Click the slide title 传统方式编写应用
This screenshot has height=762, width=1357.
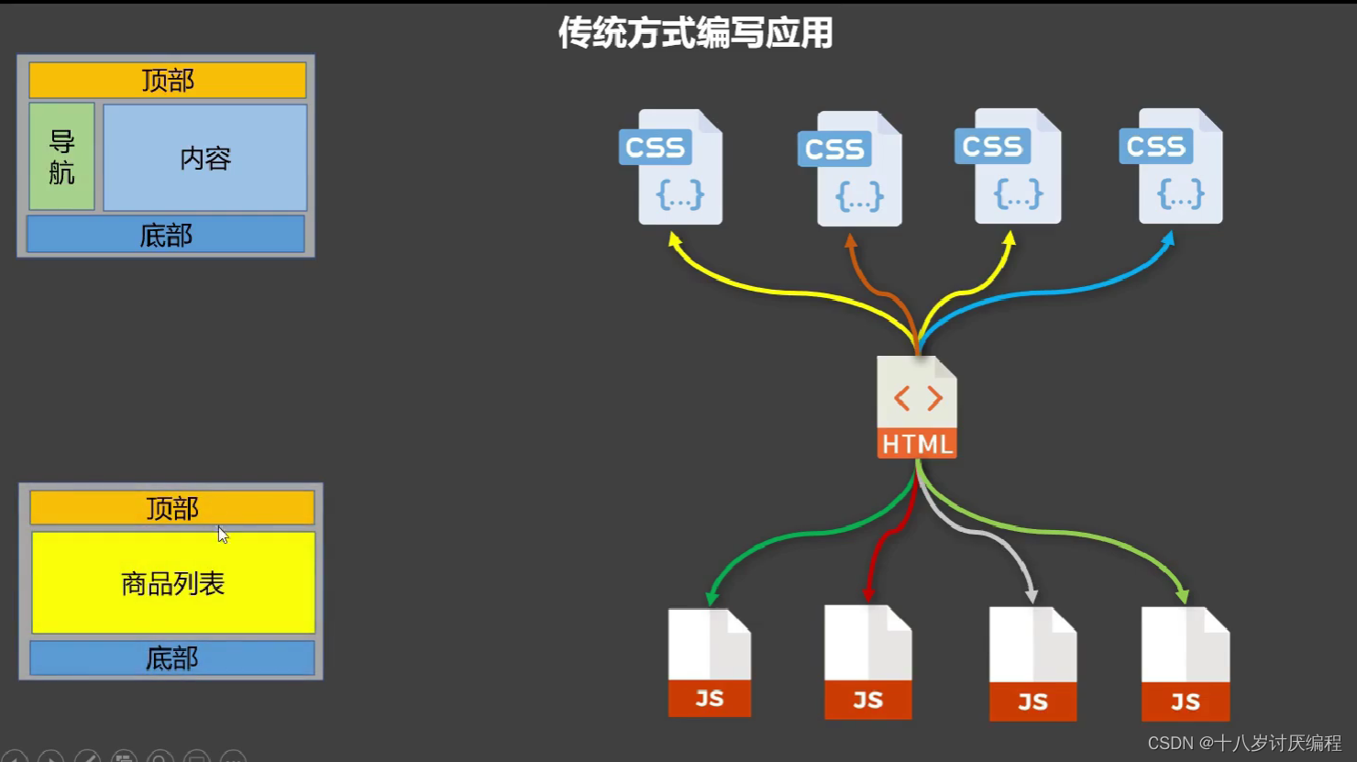click(x=695, y=33)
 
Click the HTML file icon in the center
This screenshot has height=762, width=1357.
click(x=917, y=407)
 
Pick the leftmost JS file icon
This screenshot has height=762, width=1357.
click(x=710, y=662)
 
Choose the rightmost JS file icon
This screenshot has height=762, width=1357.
click(x=1185, y=664)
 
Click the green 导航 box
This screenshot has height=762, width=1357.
click(x=61, y=157)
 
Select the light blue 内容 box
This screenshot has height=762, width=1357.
click(x=205, y=158)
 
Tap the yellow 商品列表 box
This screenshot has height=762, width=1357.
click(x=173, y=583)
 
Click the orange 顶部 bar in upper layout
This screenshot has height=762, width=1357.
click(x=168, y=81)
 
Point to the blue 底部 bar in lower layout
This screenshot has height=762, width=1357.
click(x=172, y=657)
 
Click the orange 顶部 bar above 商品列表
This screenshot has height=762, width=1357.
click(x=172, y=508)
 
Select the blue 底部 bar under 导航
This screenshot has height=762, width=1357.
click(x=166, y=235)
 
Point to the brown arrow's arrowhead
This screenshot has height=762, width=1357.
click(x=851, y=240)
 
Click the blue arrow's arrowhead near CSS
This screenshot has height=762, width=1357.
click(x=1168, y=238)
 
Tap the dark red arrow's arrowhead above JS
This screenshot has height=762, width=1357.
click(x=868, y=594)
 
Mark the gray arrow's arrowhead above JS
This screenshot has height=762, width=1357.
click(x=1032, y=596)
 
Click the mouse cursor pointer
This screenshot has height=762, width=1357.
click(x=223, y=535)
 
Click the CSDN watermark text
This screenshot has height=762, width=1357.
click(x=1244, y=743)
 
